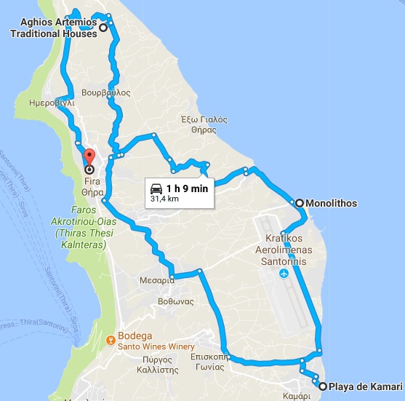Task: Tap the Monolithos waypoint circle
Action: (x=298, y=203)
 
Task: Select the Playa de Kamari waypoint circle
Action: (x=321, y=386)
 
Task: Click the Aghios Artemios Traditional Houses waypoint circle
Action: (x=103, y=28)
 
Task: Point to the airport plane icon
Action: (x=284, y=274)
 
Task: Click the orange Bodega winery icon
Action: (x=111, y=338)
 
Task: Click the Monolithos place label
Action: (x=332, y=203)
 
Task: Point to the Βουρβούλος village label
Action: (x=106, y=93)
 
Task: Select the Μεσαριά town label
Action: (x=157, y=279)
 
